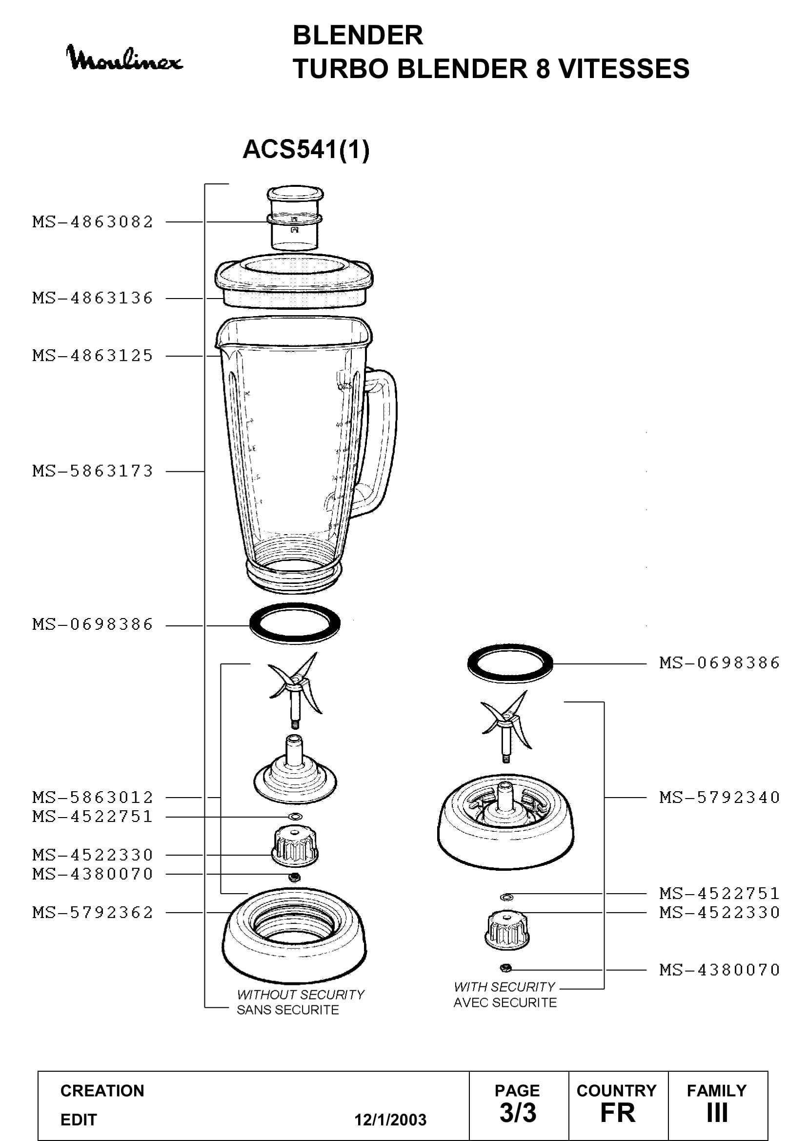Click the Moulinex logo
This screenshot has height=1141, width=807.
[124, 58]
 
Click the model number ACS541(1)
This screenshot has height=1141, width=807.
[305, 149]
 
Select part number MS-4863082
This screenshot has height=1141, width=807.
[93, 221]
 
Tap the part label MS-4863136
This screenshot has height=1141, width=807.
[93, 298]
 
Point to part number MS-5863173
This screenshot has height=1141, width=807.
[93, 471]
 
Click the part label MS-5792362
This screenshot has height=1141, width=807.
[93, 912]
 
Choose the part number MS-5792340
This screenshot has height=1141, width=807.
[720, 797]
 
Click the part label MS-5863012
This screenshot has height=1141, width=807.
[93, 797]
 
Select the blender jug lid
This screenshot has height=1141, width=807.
[294, 281]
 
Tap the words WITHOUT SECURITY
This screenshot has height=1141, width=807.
[301, 994]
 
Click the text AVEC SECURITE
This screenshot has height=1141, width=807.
[505, 1002]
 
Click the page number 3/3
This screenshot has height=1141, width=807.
[518, 1113]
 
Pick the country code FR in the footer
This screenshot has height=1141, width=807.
[618, 1113]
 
